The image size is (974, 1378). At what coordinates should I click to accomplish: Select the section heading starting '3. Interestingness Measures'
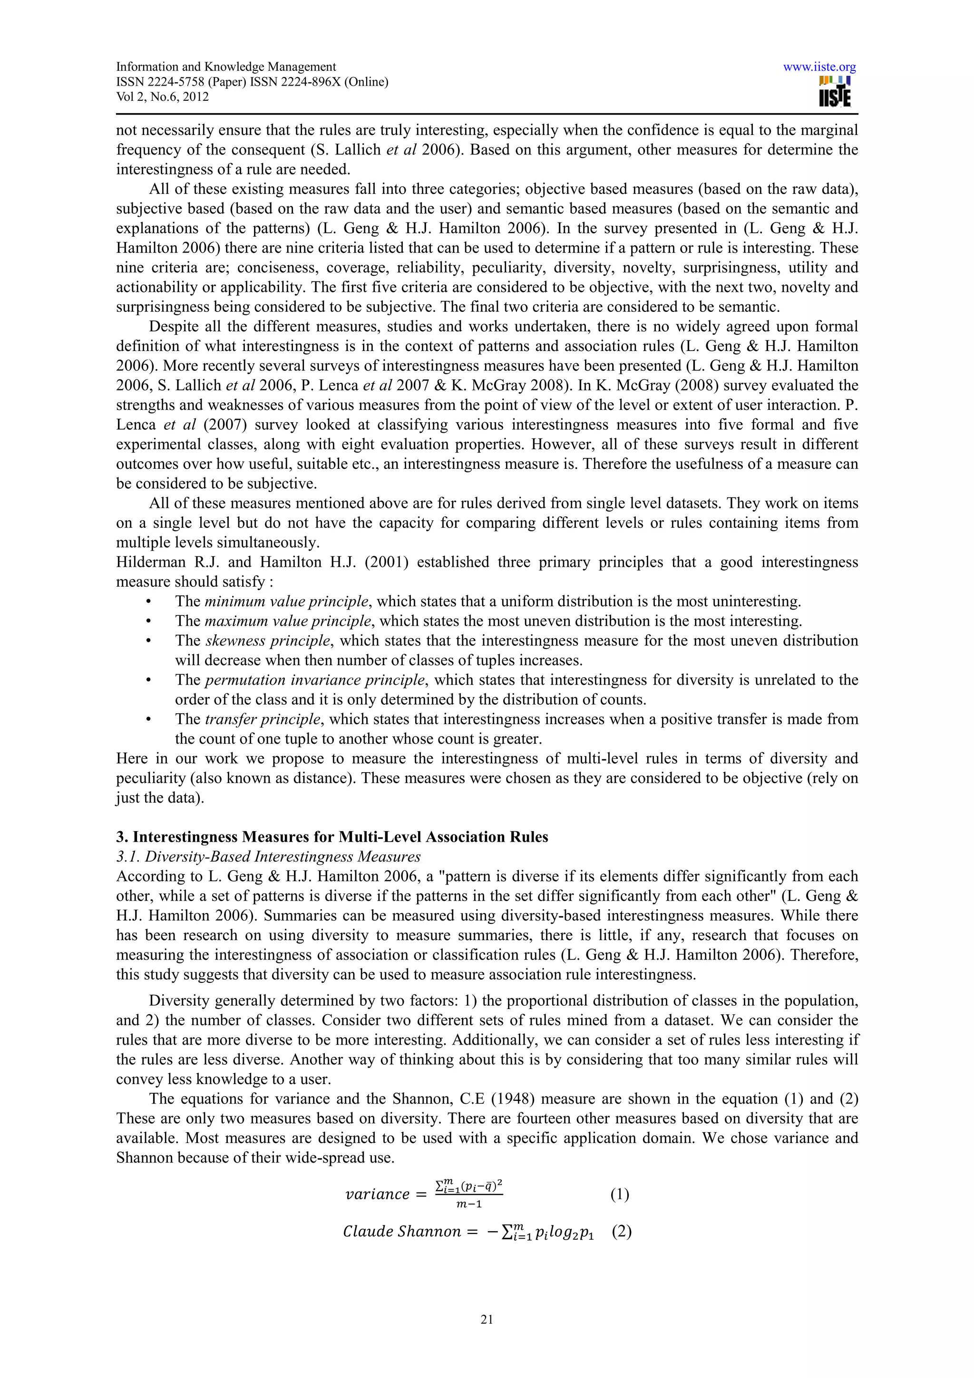[x=332, y=837]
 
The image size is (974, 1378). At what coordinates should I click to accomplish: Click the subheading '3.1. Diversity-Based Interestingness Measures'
[x=268, y=856]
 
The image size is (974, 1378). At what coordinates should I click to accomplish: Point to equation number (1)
[x=619, y=1194]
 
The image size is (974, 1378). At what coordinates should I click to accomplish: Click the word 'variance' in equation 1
[x=377, y=1194]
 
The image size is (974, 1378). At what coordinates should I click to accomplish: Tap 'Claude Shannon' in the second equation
[x=401, y=1232]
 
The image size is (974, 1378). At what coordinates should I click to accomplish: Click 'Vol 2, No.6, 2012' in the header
[x=162, y=97]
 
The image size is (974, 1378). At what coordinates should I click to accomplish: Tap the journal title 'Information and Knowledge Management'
[x=225, y=67]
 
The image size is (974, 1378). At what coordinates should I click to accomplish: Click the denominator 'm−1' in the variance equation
[x=469, y=1204]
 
